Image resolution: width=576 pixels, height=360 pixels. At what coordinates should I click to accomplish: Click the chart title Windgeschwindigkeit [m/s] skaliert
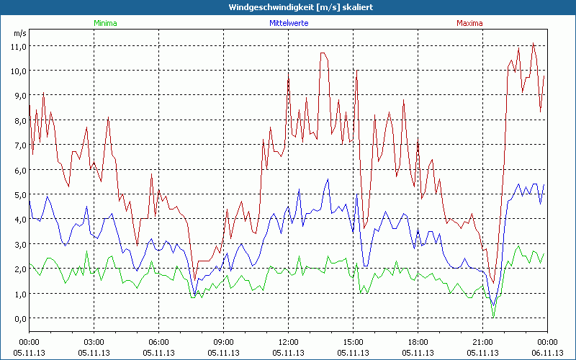coord(288,7)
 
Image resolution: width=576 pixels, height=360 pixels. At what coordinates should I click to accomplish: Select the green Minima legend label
coord(104,23)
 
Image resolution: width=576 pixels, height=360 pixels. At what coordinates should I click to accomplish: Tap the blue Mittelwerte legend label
coord(287,23)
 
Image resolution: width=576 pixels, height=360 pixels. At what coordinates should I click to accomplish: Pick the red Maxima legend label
coord(469,23)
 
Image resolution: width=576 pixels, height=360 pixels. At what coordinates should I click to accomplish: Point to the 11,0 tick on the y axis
coord(17,46)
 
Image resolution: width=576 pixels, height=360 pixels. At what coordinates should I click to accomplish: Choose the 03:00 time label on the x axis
coord(94,342)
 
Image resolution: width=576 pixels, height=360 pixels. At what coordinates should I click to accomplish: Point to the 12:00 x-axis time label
coord(288,342)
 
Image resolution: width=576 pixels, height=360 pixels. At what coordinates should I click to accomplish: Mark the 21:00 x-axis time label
coord(482,342)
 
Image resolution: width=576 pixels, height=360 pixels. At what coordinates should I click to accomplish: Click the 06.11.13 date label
coord(547,352)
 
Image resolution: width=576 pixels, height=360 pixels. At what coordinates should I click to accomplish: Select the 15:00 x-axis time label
coord(353,342)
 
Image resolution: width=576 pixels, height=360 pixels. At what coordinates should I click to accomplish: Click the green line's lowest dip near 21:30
coord(493,316)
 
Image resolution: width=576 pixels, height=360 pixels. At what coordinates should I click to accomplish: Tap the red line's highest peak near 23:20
coord(533,43)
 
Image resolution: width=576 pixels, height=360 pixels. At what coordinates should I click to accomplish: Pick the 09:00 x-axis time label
coord(223,342)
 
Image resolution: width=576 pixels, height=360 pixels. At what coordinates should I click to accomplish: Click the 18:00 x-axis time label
coord(418,342)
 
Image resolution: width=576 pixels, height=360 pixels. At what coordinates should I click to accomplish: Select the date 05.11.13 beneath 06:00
coord(158,352)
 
